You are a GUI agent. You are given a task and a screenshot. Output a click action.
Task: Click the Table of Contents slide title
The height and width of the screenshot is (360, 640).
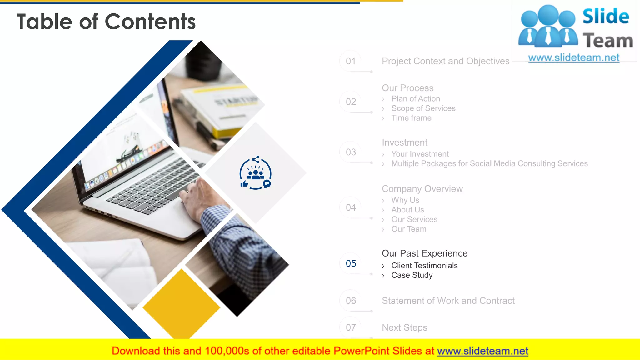(x=106, y=22)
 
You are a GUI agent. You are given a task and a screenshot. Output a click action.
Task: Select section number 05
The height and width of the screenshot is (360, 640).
(x=351, y=263)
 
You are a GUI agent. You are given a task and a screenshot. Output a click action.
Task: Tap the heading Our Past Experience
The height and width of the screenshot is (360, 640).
(x=424, y=253)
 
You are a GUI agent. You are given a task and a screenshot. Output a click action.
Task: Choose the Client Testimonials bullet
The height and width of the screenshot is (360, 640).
(x=424, y=266)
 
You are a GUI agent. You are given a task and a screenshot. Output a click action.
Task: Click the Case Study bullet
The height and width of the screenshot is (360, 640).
(x=412, y=275)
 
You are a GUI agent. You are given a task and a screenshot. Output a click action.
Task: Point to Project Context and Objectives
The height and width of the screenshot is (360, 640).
(x=445, y=61)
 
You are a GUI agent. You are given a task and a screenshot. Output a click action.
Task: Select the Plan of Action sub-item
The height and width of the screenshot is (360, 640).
(x=416, y=99)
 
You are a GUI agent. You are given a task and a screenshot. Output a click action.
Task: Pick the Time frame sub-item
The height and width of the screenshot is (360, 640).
(x=411, y=118)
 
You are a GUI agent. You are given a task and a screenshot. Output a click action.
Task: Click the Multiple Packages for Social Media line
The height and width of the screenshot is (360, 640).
(x=489, y=164)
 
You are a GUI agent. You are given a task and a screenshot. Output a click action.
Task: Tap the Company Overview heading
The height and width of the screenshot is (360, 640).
(x=422, y=189)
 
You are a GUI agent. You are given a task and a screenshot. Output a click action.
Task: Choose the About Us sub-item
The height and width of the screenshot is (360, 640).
(x=407, y=210)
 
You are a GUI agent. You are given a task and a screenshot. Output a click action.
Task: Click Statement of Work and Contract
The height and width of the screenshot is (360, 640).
(x=448, y=301)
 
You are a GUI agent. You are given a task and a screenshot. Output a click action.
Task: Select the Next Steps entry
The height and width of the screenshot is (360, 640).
(x=404, y=327)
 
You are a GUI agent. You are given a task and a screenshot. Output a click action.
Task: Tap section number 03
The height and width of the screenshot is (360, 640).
(x=351, y=152)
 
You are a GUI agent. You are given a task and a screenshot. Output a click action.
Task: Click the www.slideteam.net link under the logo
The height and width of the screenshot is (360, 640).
(x=573, y=58)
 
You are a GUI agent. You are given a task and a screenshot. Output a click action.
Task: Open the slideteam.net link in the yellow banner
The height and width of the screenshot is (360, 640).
(x=482, y=351)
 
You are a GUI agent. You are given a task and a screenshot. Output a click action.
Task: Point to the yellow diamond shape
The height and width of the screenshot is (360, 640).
(x=181, y=305)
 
